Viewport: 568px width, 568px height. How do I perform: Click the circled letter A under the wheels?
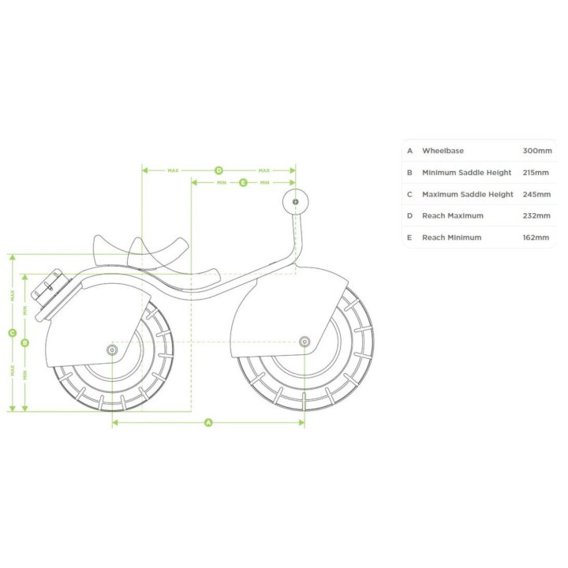[x=208, y=422]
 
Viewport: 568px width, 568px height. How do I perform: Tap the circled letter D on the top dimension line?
[x=219, y=170]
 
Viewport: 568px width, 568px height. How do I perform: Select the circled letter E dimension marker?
[x=243, y=182]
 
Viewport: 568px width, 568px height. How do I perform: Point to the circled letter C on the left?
[x=13, y=333]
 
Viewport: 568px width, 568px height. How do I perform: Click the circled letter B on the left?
[x=24, y=342]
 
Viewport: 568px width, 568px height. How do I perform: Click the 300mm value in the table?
[x=537, y=151]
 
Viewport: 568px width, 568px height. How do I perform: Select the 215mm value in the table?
[x=536, y=173]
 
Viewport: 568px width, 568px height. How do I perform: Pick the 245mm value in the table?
[x=536, y=194]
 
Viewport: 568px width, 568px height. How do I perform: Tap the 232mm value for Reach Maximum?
[x=536, y=216]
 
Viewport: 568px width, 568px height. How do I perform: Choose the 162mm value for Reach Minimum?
[x=536, y=237]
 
